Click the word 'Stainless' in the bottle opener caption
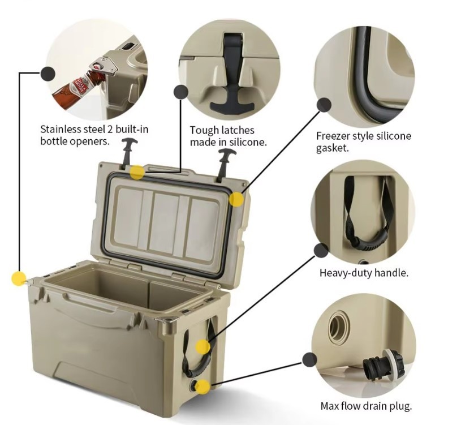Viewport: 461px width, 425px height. tap(61, 130)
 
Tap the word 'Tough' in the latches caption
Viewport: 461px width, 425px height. tap(204, 130)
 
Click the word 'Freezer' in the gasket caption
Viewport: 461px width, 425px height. tap(333, 136)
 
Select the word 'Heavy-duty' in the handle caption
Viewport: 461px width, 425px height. tap(346, 273)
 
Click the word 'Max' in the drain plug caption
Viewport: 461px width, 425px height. tap(329, 406)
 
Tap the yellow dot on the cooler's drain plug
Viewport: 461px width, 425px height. tap(203, 386)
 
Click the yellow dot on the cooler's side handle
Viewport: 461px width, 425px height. tap(203, 346)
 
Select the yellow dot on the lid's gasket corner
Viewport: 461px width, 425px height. tap(236, 199)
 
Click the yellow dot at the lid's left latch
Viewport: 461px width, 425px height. tap(137, 172)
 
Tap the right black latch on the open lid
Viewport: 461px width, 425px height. tap(225, 165)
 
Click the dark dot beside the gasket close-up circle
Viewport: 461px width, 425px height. tap(324, 105)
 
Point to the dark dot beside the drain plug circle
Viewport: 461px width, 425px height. tap(309, 360)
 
